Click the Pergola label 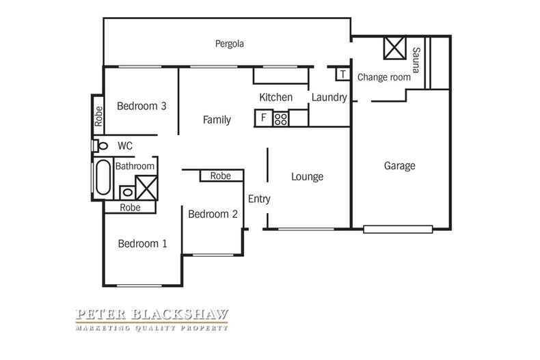tap(230, 44)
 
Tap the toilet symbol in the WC tap(100, 146)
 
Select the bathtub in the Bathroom tap(103, 178)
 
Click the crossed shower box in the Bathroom tap(147, 188)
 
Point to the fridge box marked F tap(264, 118)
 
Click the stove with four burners tap(281, 118)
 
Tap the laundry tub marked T tap(343, 74)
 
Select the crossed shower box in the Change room tap(394, 49)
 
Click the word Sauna tap(416, 60)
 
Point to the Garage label tap(399, 166)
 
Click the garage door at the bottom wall tap(398, 230)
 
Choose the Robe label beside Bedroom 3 tap(98, 116)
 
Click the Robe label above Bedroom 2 tap(220, 176)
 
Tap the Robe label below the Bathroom tap(130, 208)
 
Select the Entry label tap(259, 199)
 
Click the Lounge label tap(307, 177)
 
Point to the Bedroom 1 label tap(142, 244)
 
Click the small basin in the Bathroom tap(127, 193)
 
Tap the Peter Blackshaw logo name tap(152, 314)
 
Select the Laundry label tap(329, 98)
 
